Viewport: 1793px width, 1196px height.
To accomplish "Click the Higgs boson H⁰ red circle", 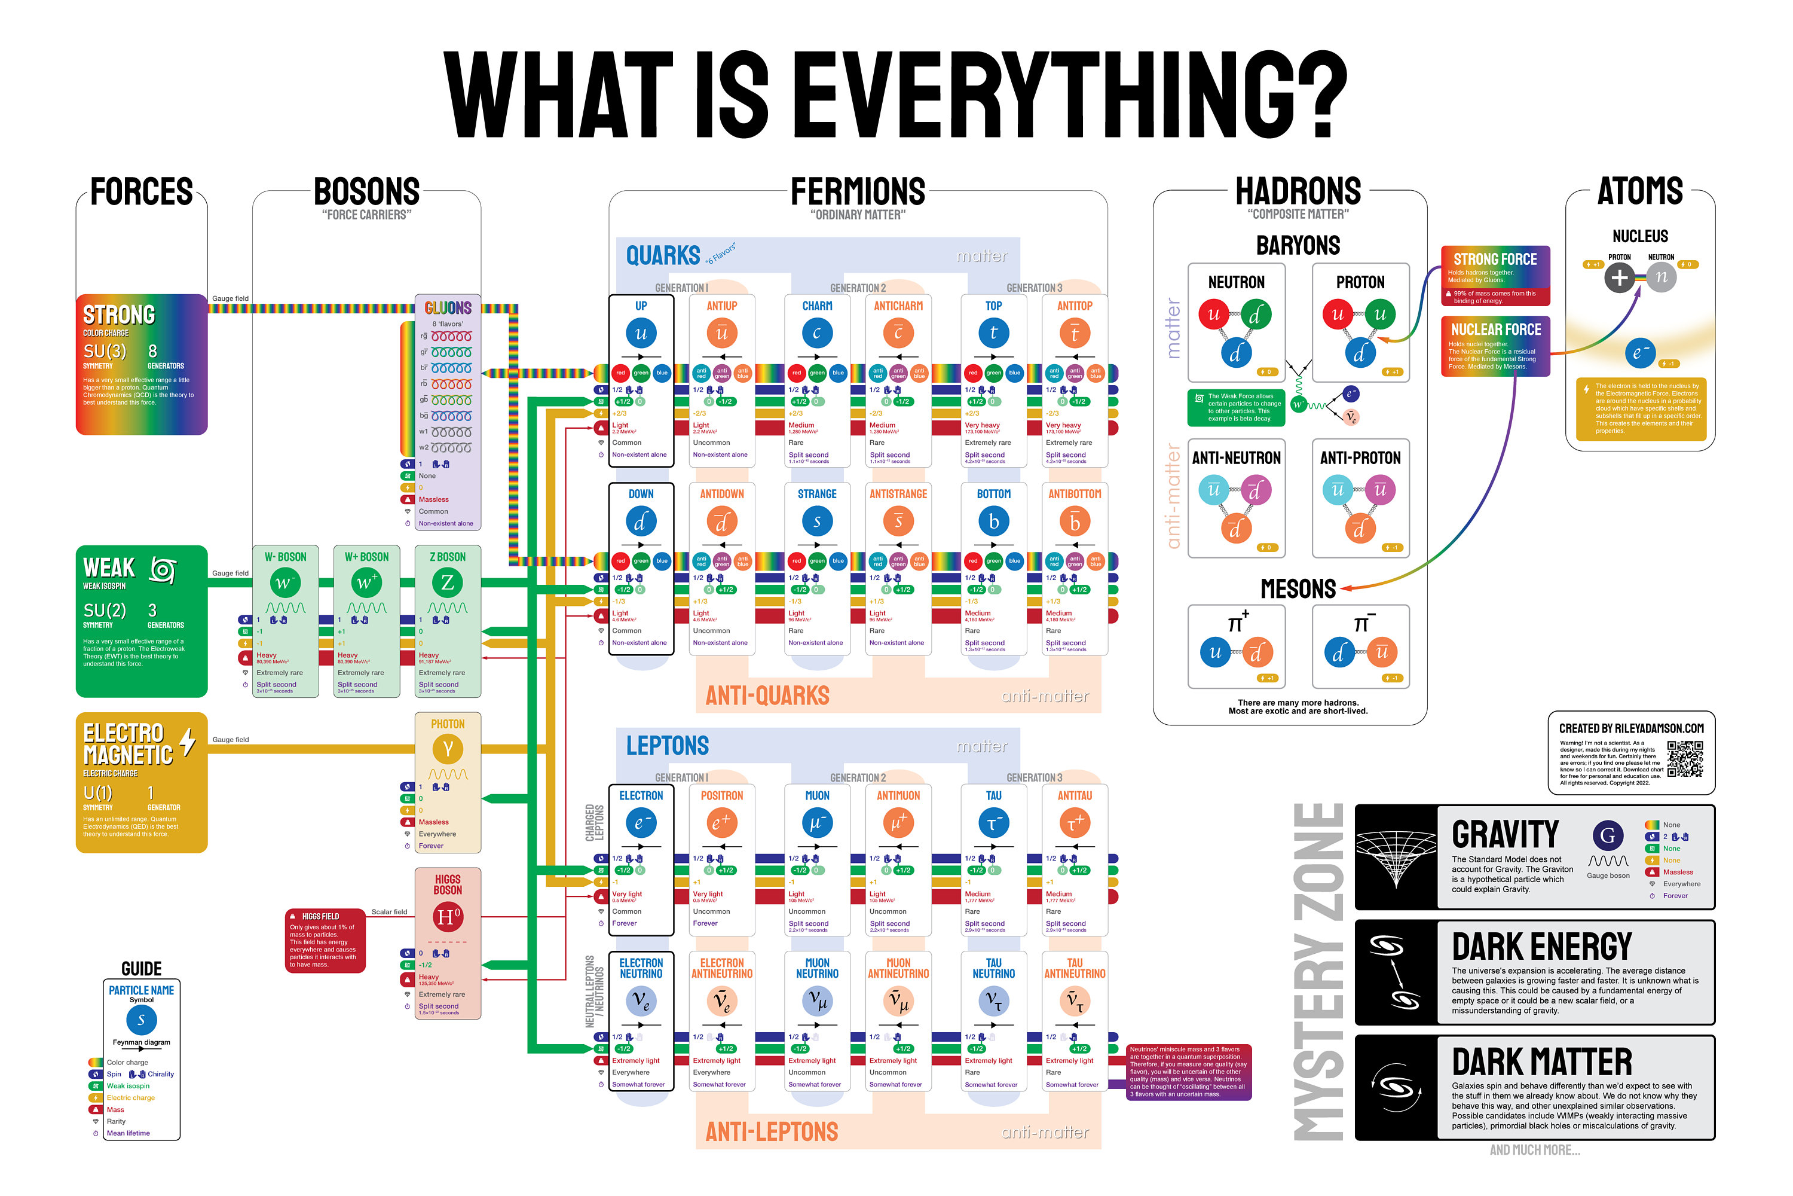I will click(448, 916).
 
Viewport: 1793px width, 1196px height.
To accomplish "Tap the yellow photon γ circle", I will click(448, 749).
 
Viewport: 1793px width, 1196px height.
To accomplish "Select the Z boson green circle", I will click(448, 582).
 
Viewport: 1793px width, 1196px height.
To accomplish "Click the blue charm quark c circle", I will click(816, 333).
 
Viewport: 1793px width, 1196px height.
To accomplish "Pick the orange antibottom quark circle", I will click(1074, 521).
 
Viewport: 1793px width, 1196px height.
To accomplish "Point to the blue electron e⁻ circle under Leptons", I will click(640, 823).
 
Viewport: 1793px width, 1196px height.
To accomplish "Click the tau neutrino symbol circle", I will click(993, 1000).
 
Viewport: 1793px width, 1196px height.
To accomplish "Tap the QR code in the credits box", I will click(1684, 759).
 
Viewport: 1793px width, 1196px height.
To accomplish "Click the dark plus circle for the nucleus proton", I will click(1619, 277).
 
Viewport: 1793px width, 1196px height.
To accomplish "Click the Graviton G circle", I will click(1608, 835).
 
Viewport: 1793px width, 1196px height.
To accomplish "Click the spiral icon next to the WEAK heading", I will click(163, 569).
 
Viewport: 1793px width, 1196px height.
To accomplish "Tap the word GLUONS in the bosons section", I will click(448, 308).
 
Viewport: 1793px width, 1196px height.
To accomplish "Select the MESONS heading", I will click(1298, 589).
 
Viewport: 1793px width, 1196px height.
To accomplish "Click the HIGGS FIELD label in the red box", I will click(320, 916).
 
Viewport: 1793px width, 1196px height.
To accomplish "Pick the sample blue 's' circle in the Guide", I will click(141, 1020).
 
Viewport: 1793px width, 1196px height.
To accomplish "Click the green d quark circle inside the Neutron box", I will click(1256, 315).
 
